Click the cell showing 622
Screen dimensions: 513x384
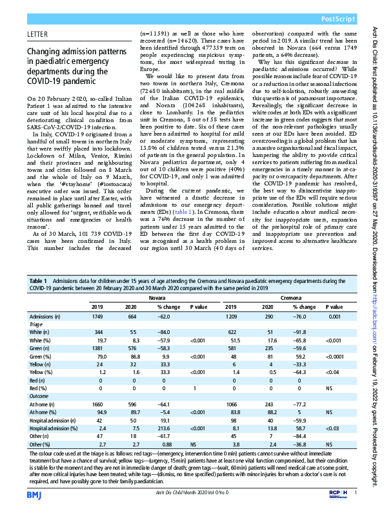[x=232, y=331]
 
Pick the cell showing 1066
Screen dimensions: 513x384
[x=232, y=402]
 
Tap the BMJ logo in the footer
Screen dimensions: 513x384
[x=34, y=495]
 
